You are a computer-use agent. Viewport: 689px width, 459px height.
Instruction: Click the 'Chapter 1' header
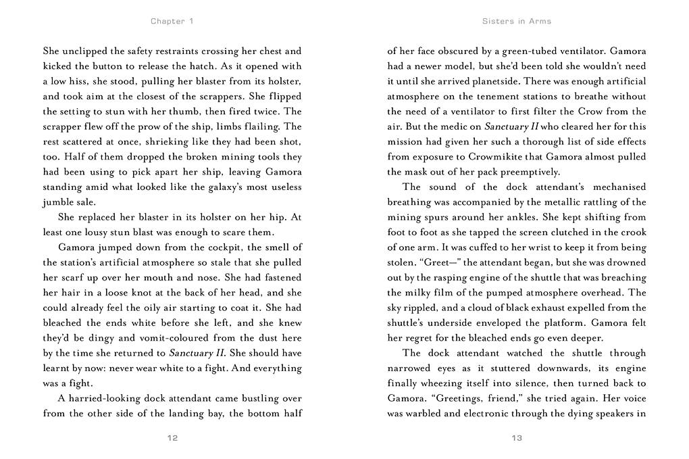172,21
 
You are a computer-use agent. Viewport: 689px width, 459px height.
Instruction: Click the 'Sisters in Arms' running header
517,21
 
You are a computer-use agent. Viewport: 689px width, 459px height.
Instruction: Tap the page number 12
172,438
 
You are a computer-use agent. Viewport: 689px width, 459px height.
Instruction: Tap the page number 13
517,438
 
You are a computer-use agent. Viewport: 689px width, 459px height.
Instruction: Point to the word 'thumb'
203,112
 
